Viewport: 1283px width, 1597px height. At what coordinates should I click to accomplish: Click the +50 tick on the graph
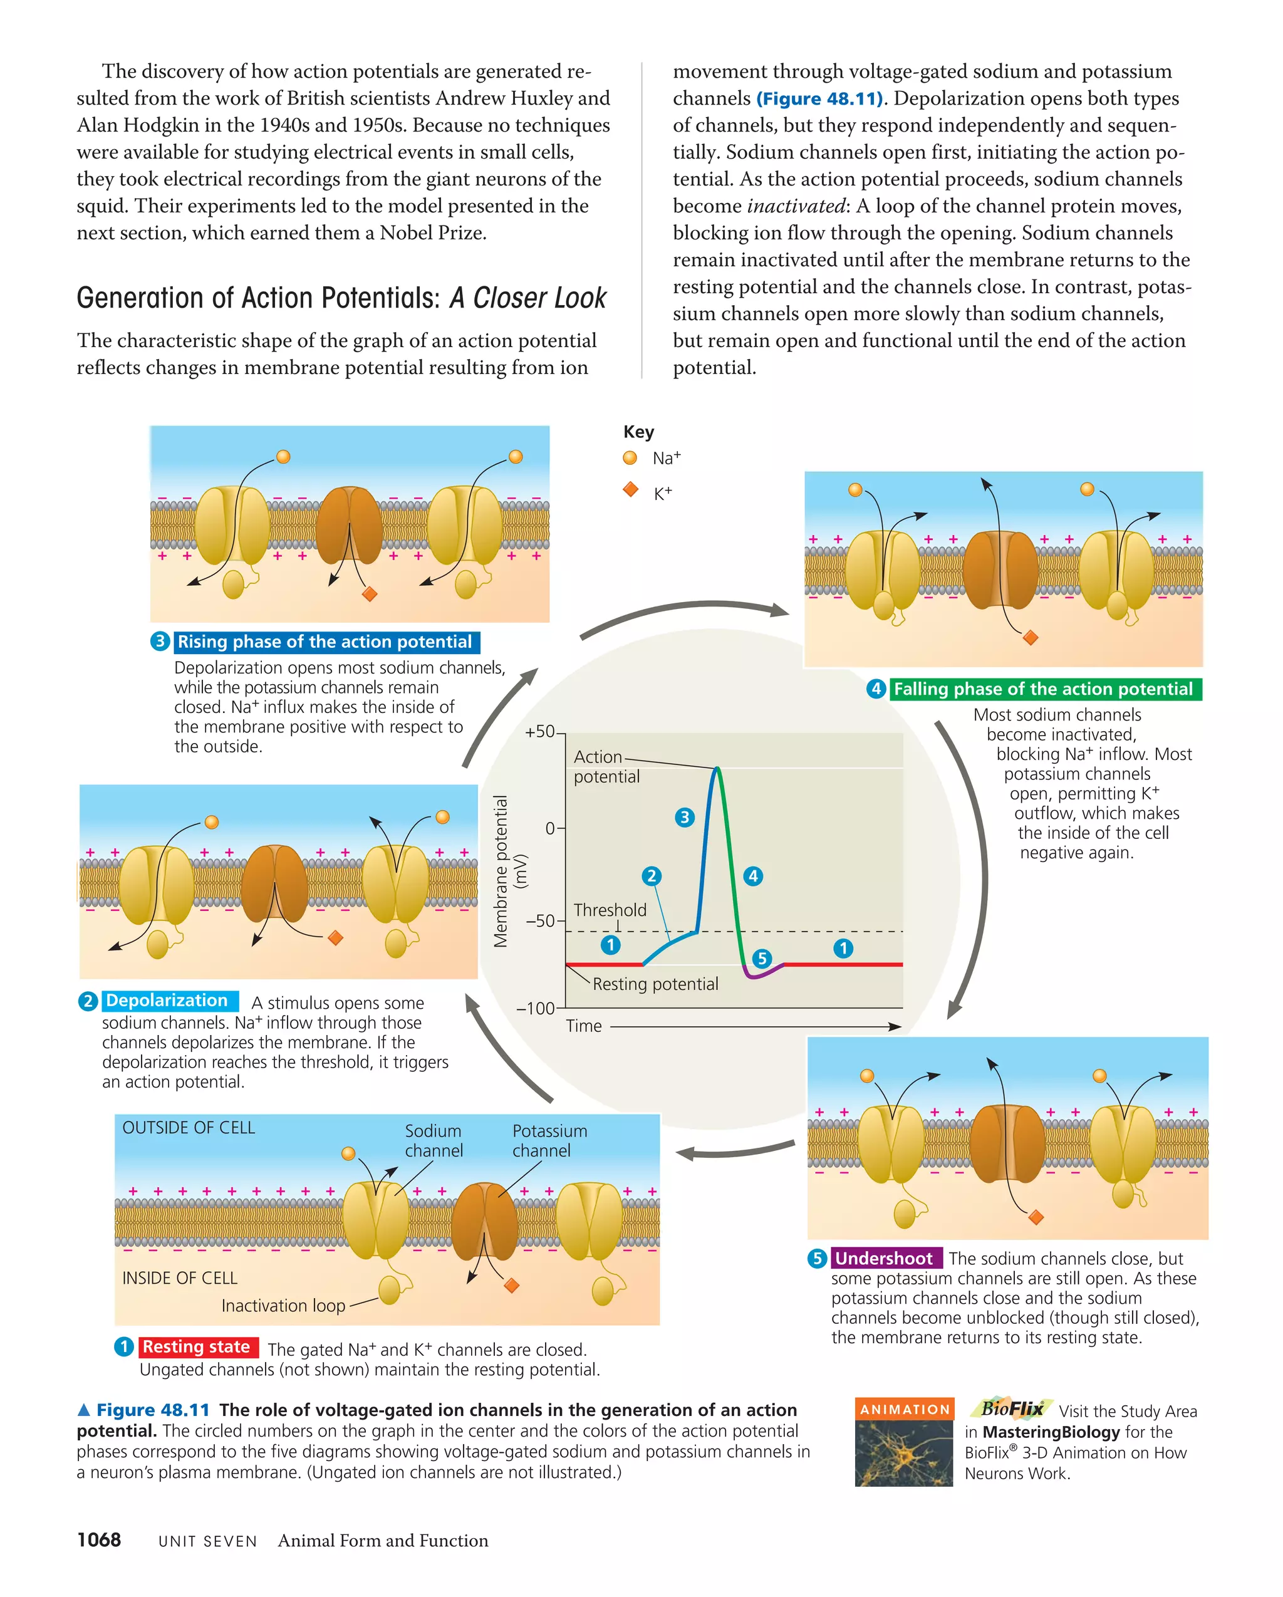click(x=541, y=732)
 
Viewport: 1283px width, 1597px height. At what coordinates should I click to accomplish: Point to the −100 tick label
click(x=535, y=1008)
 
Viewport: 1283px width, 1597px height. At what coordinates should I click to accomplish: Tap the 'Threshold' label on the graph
click(x=610, y=910)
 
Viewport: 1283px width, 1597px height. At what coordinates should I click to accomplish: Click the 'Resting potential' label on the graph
click(x=655, y=984)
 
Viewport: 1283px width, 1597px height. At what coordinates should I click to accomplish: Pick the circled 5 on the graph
click(x=762, y=959)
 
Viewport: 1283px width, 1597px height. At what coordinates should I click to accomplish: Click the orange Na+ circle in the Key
click(x=630, y=458)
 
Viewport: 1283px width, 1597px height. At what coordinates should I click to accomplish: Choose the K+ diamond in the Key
click(x=630, y=489)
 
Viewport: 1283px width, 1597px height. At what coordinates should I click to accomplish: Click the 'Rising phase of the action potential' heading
click(x=325, y=642)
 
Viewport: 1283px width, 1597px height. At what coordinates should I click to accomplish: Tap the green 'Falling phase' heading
click(x=1043, y=689)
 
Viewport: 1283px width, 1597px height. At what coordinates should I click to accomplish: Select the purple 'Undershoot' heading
click(x=884, y=1258)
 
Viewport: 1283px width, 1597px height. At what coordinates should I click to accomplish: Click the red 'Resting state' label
click(x=196, y=1346)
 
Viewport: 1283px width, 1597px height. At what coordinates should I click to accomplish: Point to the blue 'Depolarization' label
click(x=167, y=1001)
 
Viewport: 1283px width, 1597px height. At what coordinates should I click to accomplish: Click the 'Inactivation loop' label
click(x=283, y=1305)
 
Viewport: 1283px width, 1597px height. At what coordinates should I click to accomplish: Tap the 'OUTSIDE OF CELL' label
click(x=188, y=1127)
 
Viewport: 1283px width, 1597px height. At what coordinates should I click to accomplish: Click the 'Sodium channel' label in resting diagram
click(x=434, y=1141)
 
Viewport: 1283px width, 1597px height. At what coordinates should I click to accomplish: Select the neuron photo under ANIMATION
click(x=904, y=1452)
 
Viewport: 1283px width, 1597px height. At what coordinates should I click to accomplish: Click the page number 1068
click(x=98, y=1540)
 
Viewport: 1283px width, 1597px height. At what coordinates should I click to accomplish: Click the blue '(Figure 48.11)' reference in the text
click(x=819, y=98)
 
